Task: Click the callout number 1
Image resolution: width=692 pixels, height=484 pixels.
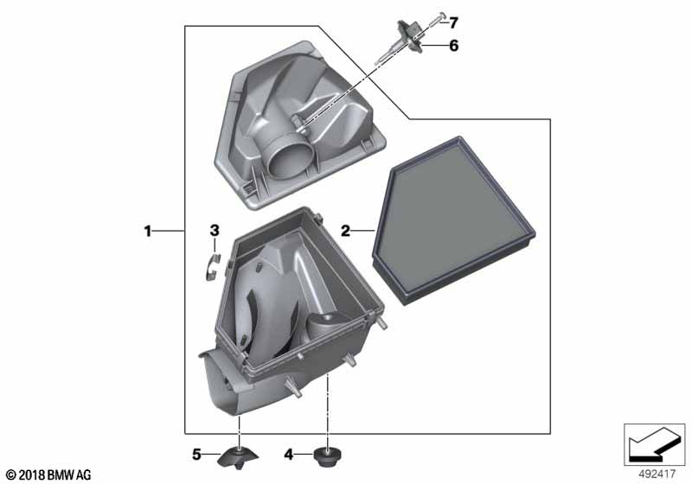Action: (147, 231)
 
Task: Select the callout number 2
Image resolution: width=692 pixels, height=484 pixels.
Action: (345, 231)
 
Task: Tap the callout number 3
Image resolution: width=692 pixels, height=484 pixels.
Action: (214, 230)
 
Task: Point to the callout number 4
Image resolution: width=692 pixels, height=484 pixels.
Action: (289, 454)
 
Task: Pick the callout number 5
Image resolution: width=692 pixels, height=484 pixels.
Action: (196, 454)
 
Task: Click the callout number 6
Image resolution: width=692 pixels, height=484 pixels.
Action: (453, 46)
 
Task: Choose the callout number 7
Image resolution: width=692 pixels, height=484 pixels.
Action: (453, 22)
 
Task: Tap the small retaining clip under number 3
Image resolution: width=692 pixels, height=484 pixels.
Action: (212, 266)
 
